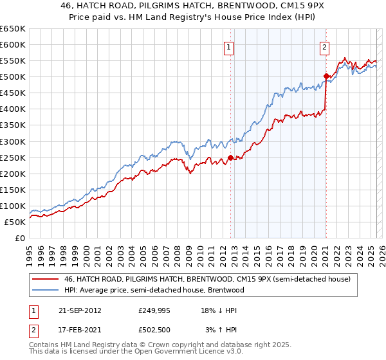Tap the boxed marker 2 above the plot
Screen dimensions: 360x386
click(x=325, y=47)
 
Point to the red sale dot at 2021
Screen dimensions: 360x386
click(x=326, y=76)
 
